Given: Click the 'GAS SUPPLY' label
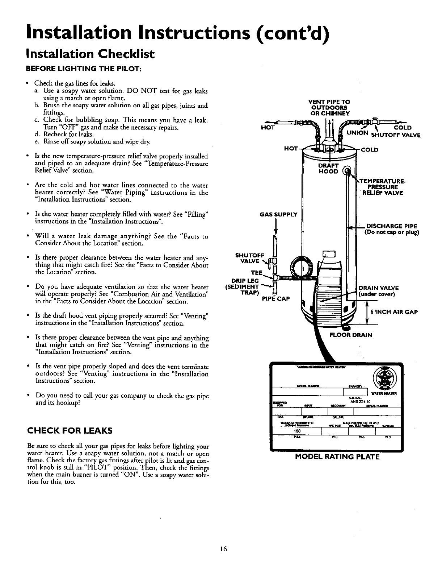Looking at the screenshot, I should pos(278,214).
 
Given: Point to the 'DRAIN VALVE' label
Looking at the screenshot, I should pos(378,288).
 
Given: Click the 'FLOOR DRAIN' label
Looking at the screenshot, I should pos(350,335).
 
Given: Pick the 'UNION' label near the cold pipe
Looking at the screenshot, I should pos(357,133).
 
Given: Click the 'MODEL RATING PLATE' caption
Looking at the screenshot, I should pos(337,457).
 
